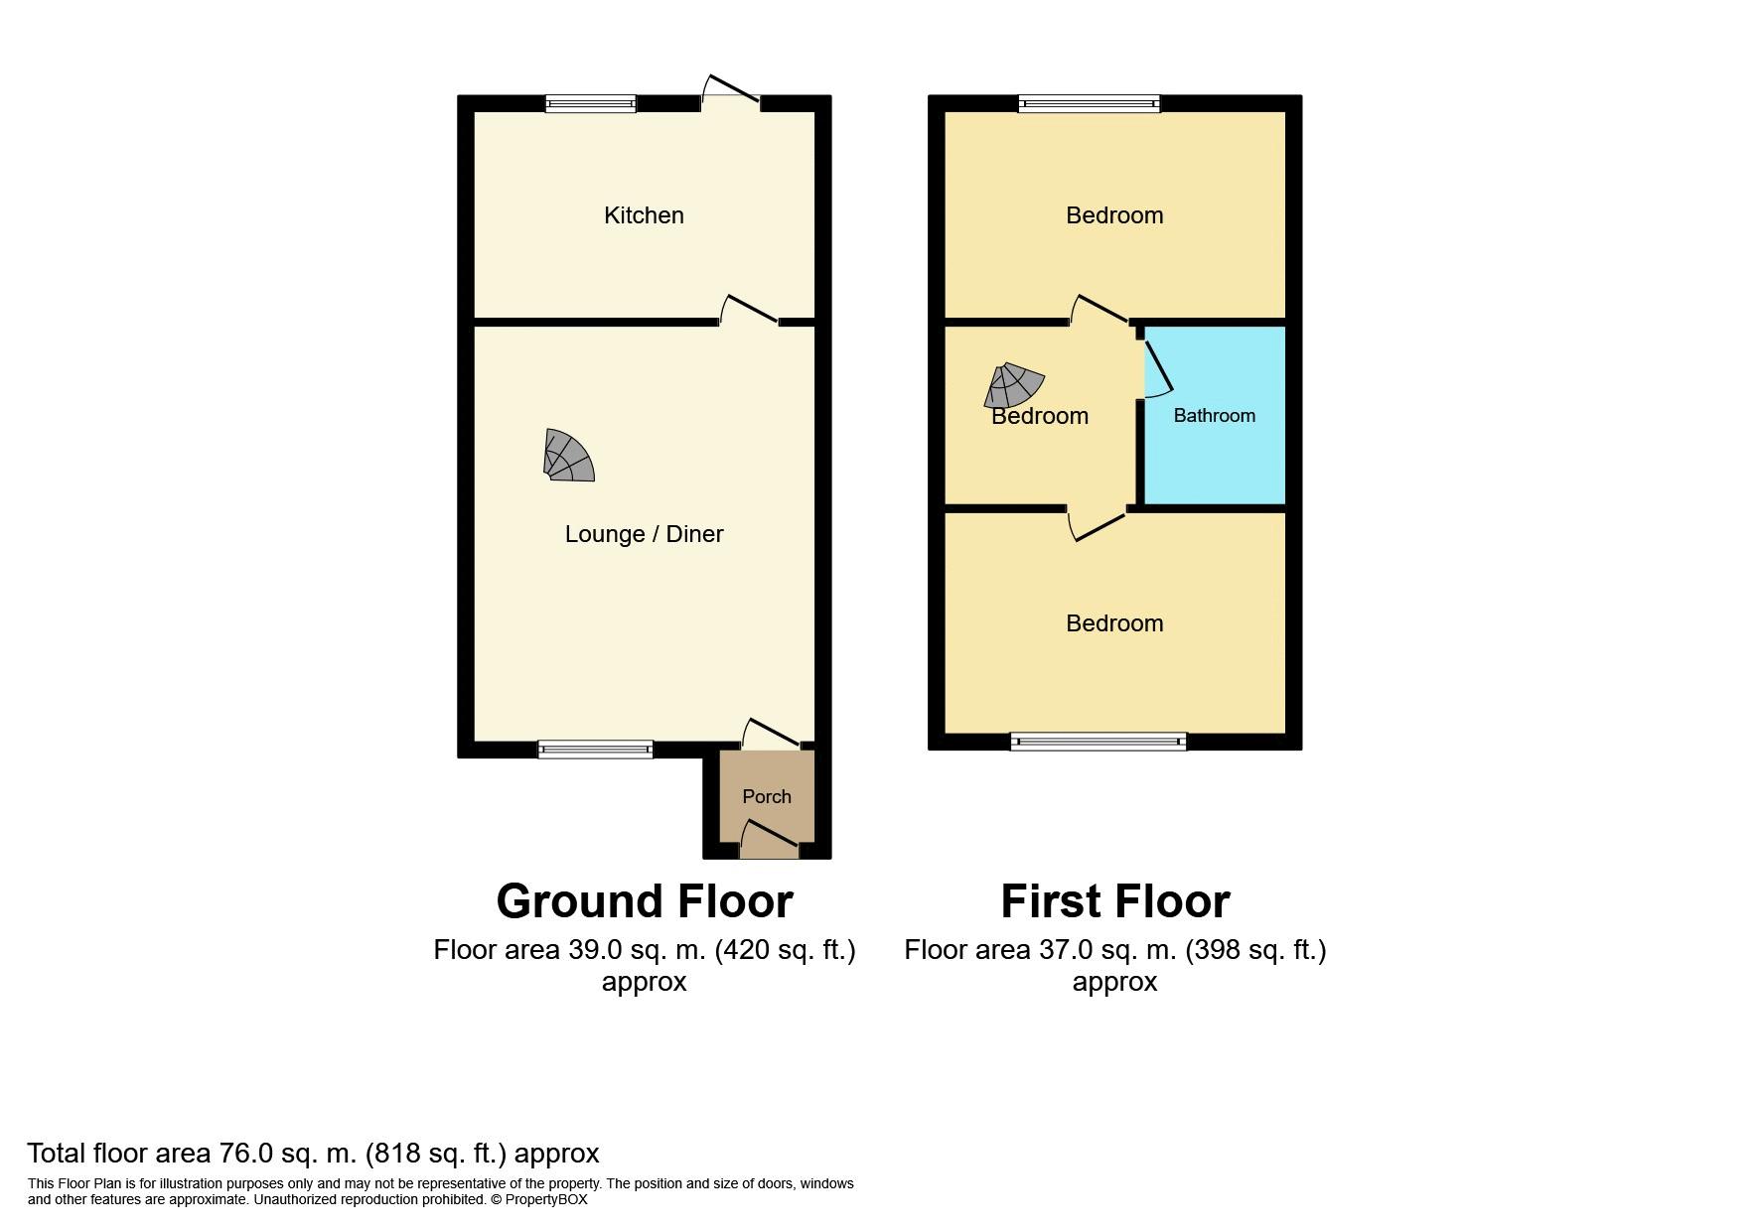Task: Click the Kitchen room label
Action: (x=644, y=215)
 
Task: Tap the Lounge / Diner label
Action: (x=644, y=534)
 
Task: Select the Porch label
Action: (x=767, y=796)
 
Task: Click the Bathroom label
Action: (x=1214, y=415)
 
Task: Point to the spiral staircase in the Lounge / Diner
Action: (x=568, y=456)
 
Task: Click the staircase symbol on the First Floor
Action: (x=1013, y=385)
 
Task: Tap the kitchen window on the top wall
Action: (x=590, y=103)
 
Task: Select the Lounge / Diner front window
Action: (x=596, y=750)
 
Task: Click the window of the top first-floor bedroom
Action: (x=1090, y=103)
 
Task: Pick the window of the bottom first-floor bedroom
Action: (x=1099, y=741)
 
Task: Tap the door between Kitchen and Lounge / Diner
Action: (x=749, y=310)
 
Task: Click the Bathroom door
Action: (x=1157, y=368)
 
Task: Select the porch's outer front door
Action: (x=770, y=836)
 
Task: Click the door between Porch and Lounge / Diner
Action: (x=772, y=733)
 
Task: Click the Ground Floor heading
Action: (x=645, y=901)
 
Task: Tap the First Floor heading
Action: (x=1114, y=901)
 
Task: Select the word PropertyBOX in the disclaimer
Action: (x=546, y=1199)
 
